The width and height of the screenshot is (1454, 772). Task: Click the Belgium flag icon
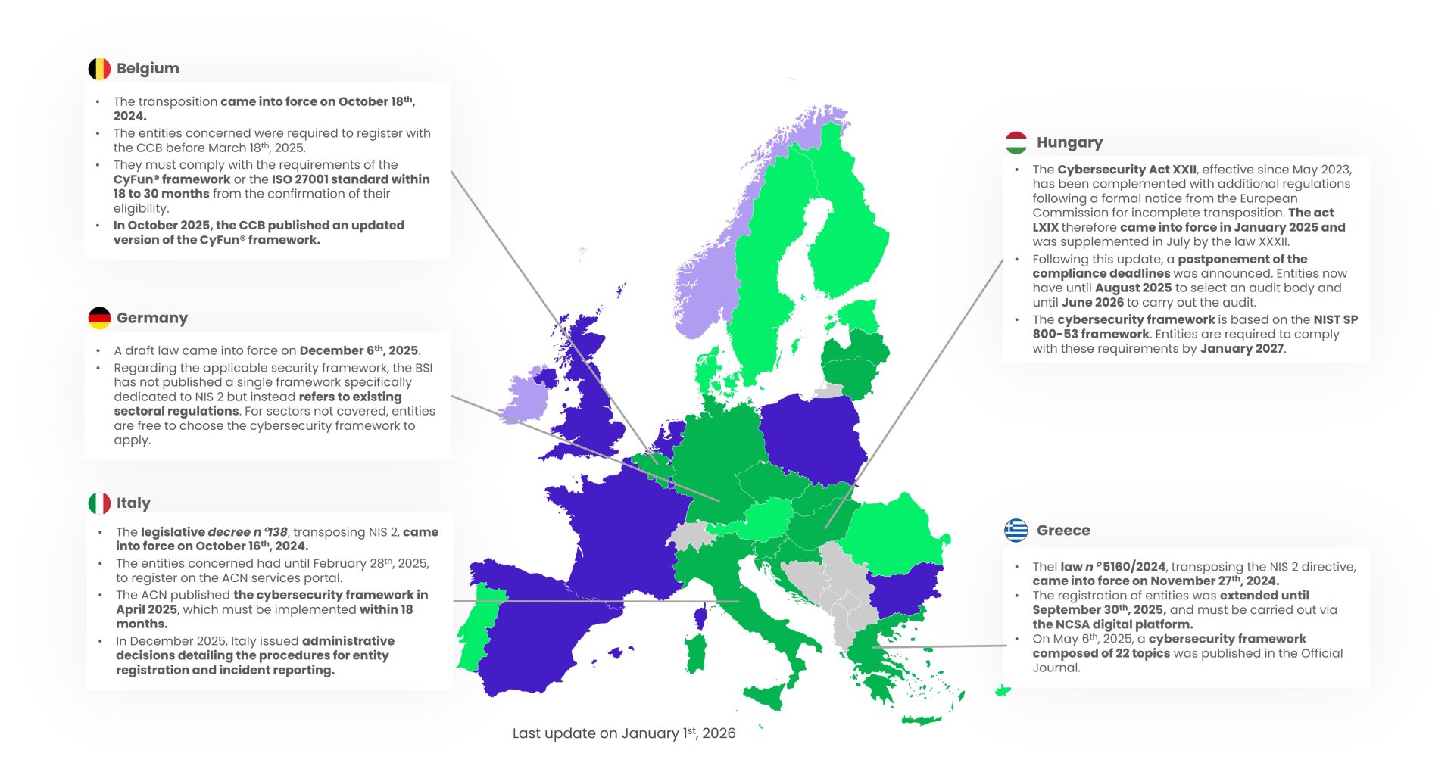click(x=99, y=69)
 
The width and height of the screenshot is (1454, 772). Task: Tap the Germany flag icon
click(x=99, y=318)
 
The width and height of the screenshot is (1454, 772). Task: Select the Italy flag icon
click(x=99, y=503)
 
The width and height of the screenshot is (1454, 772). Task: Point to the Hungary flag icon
click(x=1016, y=142)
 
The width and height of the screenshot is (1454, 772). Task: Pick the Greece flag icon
click(x=1016, y=531)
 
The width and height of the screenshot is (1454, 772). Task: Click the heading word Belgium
click(x=148, y=69)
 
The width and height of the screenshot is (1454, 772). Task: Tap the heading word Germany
click(x=152, y=318)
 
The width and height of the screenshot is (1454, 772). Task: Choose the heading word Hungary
click(x=1069, y=142)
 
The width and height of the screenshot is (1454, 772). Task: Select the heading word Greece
click(x=1063, y=531)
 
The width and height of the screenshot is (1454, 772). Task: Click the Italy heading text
click(x=133, y=503)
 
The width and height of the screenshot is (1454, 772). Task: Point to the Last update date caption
click(x=624, y=733)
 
